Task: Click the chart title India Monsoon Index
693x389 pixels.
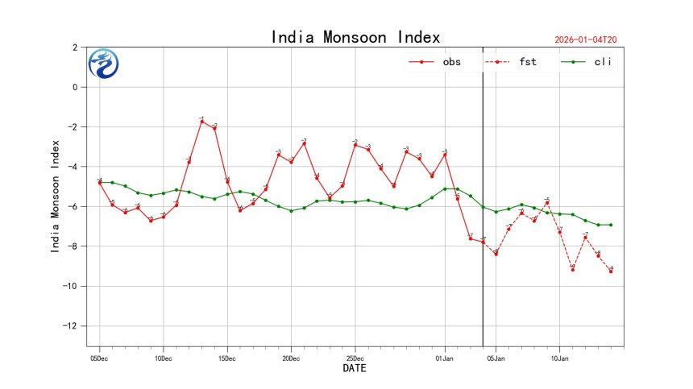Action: point(355,37)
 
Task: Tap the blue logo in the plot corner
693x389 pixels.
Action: point(104,64)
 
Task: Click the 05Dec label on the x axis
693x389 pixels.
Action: point(99,355)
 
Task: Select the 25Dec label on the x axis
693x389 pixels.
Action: point(355,355)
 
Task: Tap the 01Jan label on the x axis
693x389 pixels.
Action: point(445,355)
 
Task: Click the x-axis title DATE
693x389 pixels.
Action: point(355,368)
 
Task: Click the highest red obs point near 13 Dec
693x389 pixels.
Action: point(201,122)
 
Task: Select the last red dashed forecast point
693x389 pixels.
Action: point(611,271)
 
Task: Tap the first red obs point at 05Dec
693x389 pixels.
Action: point(99,183)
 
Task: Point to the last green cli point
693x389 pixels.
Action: point(611,225)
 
